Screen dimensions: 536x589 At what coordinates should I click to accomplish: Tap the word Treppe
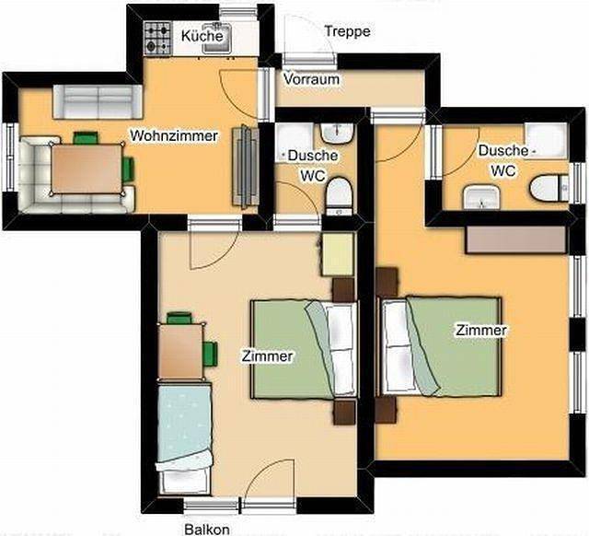click(347, 32)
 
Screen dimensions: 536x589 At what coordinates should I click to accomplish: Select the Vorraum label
click(311, 80)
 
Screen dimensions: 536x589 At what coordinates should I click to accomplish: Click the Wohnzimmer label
click(173, 136)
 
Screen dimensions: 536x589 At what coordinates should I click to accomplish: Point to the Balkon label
click(207, 530)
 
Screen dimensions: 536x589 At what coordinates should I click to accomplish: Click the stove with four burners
click(156, 37)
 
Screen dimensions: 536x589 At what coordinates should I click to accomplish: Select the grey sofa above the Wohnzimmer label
click(95, 98)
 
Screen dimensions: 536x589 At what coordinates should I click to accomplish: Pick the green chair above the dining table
click(86, 138)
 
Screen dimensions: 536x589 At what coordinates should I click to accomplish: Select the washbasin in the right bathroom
click(479, 197)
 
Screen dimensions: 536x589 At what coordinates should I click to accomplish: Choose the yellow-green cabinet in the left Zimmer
click(338, 253)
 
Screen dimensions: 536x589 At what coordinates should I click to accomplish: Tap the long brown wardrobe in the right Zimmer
click(515, 239)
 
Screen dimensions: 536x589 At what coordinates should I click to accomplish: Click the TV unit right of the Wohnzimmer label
click(246, 166)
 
